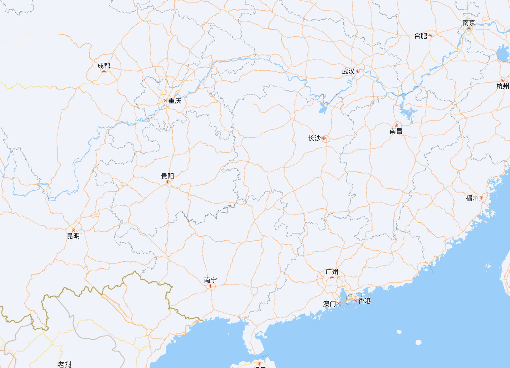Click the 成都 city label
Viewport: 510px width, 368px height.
pyautogui.click(x=104, y=66)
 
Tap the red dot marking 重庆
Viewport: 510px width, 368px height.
pyautogui.click(x=165, y=101)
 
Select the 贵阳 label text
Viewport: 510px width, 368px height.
pyautogui.click(x=167, y=176)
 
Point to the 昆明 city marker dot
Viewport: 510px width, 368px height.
pyautogui.click(x=73, y=230)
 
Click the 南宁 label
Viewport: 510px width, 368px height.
pyautogui.click(x=210, y=280)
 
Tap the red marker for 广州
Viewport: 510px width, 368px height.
pyautogui.click(x=332, y=278)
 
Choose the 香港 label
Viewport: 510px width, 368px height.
pyautogui.click(x=364, y=301)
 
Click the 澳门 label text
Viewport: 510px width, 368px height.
pyautogui.click(x=329, y=304)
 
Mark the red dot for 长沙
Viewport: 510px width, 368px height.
pyautogui.click(x=324, y=138)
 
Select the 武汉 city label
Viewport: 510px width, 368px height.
pyautogui.click(x=348, y=71)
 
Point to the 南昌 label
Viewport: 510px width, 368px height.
pyautogui.click(x=396, y=131)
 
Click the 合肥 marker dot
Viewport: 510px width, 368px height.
pyautogui.click(x=430, y=36)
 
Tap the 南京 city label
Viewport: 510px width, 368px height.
pyautogui.click(x=469, y=23)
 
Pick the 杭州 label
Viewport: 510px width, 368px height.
pyautogui.click(x=502, y=86)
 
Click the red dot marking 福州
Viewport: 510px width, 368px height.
pyautogui.click(x=481, y=198)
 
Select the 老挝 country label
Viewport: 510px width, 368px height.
pyautogui.click(x=65, y=364)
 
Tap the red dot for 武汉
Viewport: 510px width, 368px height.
pyautogui.click(x=358, y=71)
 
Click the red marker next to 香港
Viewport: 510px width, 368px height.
pyautogui.click(x=355, y=301)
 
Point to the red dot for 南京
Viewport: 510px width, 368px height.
pyautogui.click(x=469, y=29)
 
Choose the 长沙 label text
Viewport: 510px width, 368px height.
pyautogui.click(x=314, y=138)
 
